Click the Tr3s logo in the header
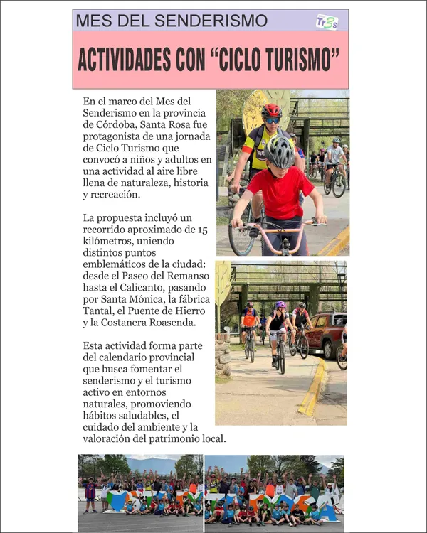pos(327,21)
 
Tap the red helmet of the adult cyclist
pos(271,111)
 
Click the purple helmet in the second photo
pos(280,305)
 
